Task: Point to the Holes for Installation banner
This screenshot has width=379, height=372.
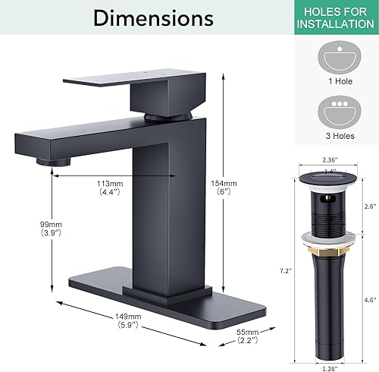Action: point(329,17)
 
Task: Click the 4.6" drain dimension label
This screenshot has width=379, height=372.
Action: point(369,300)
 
